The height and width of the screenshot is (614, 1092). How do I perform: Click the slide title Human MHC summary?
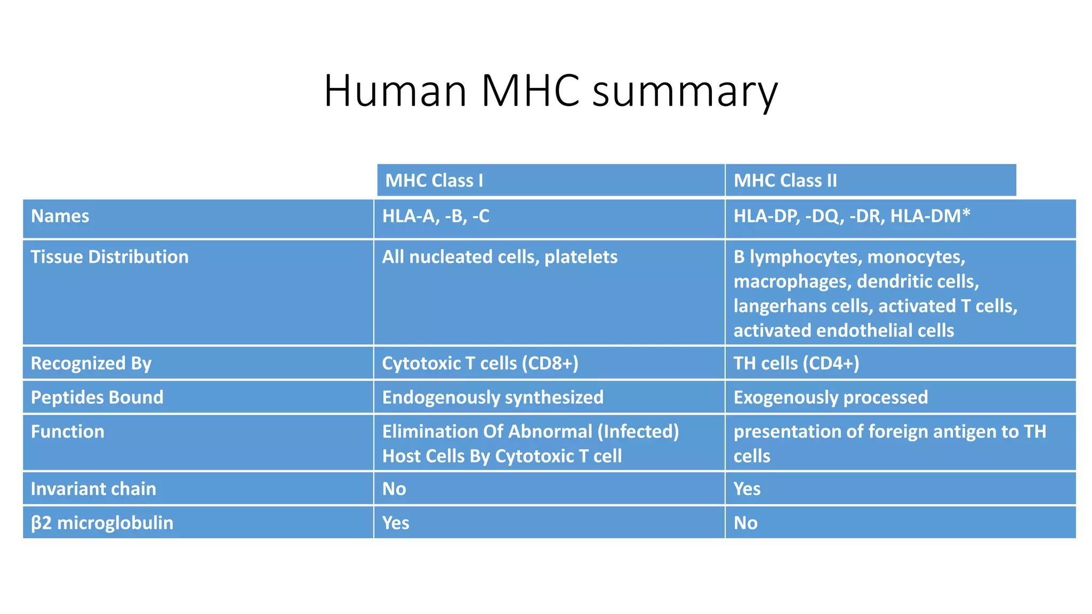coord(550,91)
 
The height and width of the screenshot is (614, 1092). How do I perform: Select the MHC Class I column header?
coord(434,181)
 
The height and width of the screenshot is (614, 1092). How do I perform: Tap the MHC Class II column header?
coord(785,181)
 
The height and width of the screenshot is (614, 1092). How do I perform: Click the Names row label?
coord(60,216)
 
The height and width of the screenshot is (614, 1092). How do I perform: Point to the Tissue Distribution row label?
coord(109,257)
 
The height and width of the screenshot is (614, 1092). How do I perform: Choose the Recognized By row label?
coord(91,363)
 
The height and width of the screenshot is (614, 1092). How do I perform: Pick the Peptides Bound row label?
coord(97,398)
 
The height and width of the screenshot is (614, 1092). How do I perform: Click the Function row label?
coord(68,432)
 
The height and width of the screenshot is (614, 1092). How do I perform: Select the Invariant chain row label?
coord(93,489)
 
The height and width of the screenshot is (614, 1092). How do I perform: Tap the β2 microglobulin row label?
coord(102,523)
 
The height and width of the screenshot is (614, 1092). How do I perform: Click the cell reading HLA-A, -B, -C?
coord(436,216)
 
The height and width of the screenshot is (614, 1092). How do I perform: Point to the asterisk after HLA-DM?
coord(966,214)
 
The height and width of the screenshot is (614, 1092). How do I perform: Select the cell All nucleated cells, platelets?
coord(500,257)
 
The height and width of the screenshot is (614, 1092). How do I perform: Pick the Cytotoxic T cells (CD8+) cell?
coord(480,363)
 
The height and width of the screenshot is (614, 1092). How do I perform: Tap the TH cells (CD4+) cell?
coord(796,363)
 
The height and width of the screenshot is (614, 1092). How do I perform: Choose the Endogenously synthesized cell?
coord(493,398)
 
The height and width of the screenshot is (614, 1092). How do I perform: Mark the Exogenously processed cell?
coord(830,398)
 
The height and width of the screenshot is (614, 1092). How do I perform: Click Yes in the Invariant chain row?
coord(747,489)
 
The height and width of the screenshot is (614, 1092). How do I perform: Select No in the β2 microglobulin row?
coord(745,523)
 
